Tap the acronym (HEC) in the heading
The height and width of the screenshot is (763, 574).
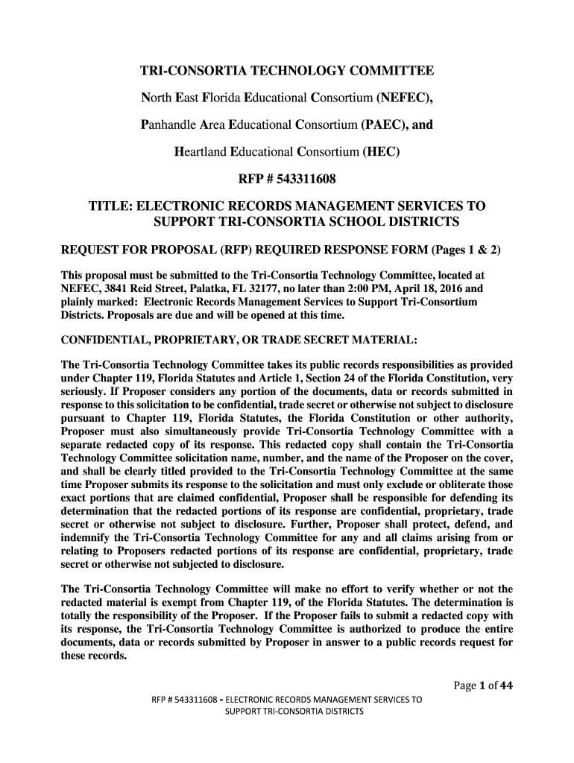point(381,152)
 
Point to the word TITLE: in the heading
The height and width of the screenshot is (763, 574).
point(112,206)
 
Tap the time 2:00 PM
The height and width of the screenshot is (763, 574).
point(359,287)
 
